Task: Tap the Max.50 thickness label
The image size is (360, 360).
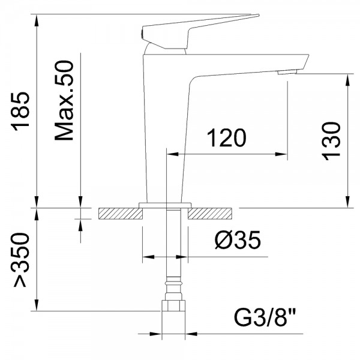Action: click(64, 100)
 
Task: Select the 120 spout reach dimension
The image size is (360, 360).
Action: click(227, 138)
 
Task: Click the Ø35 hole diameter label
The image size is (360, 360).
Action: click(238, 239)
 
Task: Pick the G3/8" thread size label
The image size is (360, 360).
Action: click(265, 318)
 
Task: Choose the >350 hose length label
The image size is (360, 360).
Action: click(20, 260)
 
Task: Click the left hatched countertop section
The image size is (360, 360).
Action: click(121, 214)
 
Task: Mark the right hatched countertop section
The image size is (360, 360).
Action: click(209, 214)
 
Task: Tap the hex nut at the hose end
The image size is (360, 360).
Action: click(173, 305)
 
